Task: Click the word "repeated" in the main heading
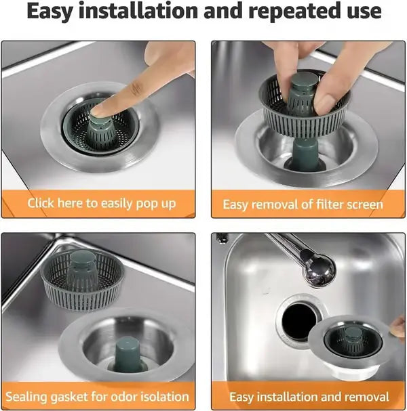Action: pos(301,12)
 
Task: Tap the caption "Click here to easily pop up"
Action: pos(101,203)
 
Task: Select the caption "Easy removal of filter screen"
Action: pos(303,204)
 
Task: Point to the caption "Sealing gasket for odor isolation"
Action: pos(97,396)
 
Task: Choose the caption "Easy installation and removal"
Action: pos(309,397)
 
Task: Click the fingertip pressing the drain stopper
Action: pos(102,109)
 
